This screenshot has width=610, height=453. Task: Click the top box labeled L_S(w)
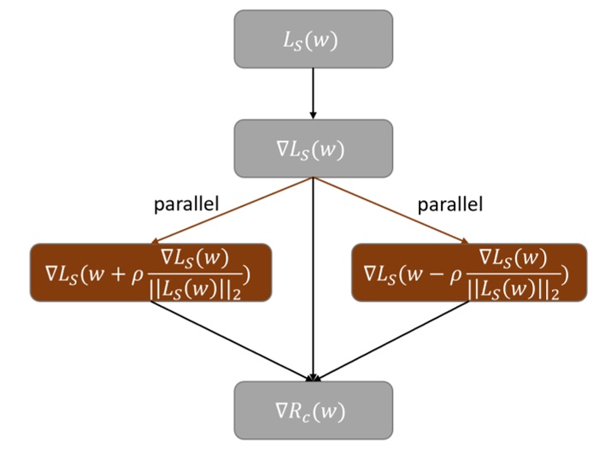point(314,38)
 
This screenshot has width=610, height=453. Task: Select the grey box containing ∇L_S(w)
point(314,148)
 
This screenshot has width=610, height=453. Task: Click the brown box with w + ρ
point(151,273)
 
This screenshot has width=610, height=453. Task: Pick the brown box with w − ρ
point(469,273)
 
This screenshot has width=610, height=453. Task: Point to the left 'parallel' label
point(186,205)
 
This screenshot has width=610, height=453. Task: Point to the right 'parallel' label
point(450,205)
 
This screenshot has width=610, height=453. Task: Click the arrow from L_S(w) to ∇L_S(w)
point(314,93)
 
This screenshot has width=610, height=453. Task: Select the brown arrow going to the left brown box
point(232,211)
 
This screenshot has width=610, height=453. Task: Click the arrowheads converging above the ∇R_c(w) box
point(314,376)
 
